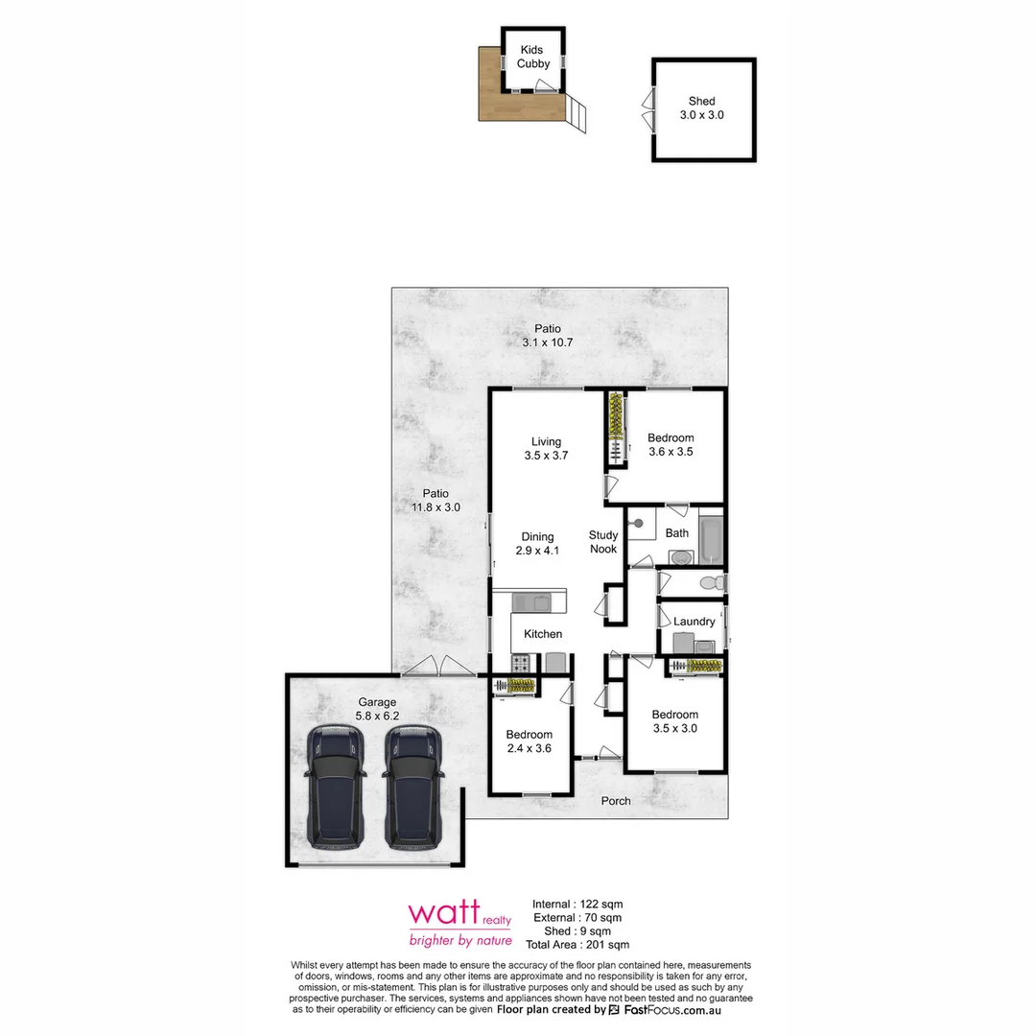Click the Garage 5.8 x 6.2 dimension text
point(377,716)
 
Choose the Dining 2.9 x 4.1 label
point(537,544)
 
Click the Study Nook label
point(603,542)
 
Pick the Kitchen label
point(543,634)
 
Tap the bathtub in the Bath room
point(711,541)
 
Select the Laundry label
point(694,622)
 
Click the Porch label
point(616,801)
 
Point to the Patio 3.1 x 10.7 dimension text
point(548,342)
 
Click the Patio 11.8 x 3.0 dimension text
point(436,508)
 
